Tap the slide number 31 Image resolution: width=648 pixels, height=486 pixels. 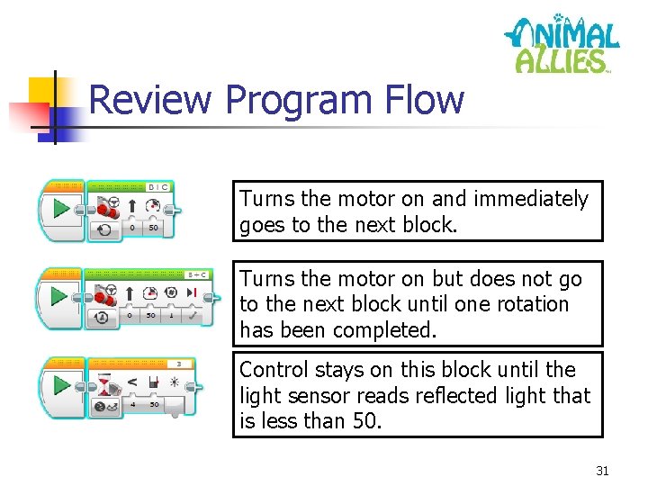tap(602, 470)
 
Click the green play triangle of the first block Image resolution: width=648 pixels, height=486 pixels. tap(61, 211)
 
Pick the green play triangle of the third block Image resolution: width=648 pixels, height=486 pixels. tap(61, 385)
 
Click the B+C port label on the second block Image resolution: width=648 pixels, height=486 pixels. tap(197, 274)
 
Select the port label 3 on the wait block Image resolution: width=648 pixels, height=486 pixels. tap(180, 364)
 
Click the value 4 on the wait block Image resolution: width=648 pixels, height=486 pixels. tap(132, 405)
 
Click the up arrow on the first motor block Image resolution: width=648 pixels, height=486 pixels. tap(131, 206)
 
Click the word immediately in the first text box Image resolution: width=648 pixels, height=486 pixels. tap(531, 199)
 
